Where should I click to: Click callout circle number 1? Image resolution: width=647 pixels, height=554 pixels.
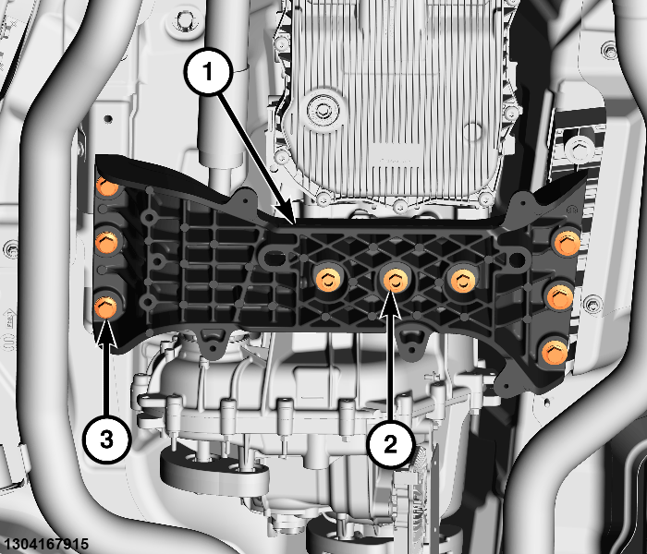pyautogui.click(x=208, y=72)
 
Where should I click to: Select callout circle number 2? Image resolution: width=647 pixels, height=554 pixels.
pyautogui.click(x=390, y=444)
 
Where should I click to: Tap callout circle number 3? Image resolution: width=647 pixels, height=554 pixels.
pyautogui.click(x=106, y=440)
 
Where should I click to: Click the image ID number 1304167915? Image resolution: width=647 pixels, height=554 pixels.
pyautogui.click(x=44, y=544)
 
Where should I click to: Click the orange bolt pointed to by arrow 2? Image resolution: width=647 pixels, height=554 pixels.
pyautogui.click(x=396, y=280)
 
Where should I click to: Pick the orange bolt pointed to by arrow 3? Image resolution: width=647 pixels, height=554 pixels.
pyautogui.click(x=106, y=307)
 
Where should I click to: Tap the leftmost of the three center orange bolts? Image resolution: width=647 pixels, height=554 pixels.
pyautogui.click(x=328, y=280)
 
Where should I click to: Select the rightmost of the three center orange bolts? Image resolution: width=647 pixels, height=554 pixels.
pyautogui.click(x=463, y=281)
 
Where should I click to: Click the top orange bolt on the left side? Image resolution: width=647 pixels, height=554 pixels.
pyautogui.click(x=107, y=185)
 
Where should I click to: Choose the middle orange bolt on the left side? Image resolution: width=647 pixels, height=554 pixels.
pyautogui.click(x=106, y=242)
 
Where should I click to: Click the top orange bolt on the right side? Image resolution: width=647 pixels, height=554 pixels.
pyautogui.click(x=568, y=243)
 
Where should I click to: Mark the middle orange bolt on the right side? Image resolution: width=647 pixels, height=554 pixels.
pyautogui.click(x=560, y=296)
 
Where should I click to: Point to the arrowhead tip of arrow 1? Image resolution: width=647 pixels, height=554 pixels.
pyautogui.click(x=294, y=224)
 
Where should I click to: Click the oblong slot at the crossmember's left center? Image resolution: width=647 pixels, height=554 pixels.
pyautogui.click(x=275, y=258)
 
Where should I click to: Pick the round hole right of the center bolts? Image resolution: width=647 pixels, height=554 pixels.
pyautogui.click(x=517, y=259)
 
